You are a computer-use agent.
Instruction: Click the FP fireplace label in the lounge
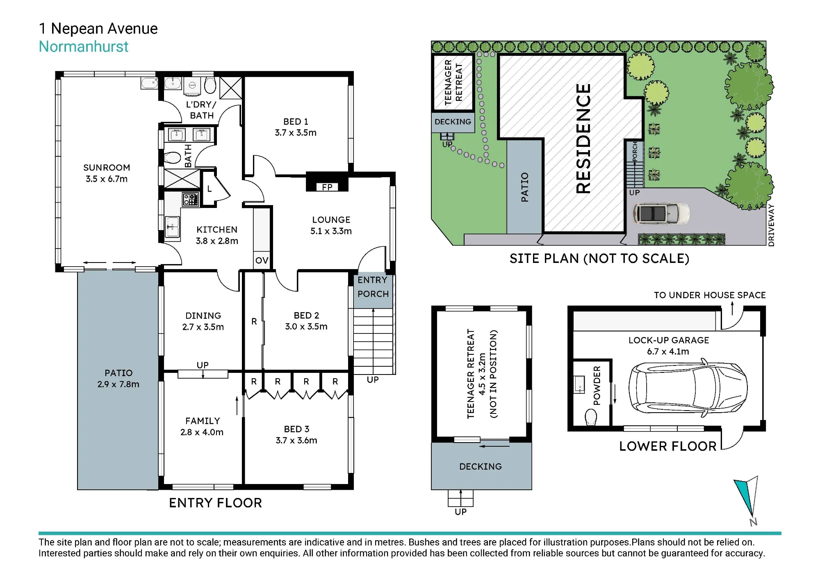pos(327,187)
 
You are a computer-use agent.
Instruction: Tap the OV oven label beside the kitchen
pos(262,260)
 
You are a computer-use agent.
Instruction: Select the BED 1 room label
pos(296,122)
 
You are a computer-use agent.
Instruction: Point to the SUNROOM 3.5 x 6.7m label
pos(107,173)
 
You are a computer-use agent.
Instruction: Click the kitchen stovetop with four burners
pos(191,199)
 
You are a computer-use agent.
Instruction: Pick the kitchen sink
pos(172,227)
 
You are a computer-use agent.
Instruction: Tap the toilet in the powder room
pos(591,418)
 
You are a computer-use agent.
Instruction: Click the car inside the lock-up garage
pos(688,388)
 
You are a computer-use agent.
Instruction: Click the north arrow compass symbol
pos(747,501)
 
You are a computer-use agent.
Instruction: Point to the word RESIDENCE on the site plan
pos(583,139)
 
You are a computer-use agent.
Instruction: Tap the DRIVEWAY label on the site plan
pos(771,225)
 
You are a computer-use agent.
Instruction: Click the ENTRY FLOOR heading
pos(215,503)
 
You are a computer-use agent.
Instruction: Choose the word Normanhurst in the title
pos(84,47)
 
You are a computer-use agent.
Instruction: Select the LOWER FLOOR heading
pos(668,446)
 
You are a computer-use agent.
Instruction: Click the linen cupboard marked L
pos(210,189)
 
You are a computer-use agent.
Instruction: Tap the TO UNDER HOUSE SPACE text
pos(710,295)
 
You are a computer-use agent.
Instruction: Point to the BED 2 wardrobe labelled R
pos(254,322)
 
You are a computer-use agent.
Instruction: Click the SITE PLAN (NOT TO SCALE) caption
pos(599,258)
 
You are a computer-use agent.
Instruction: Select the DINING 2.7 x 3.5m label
pos(203,321)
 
